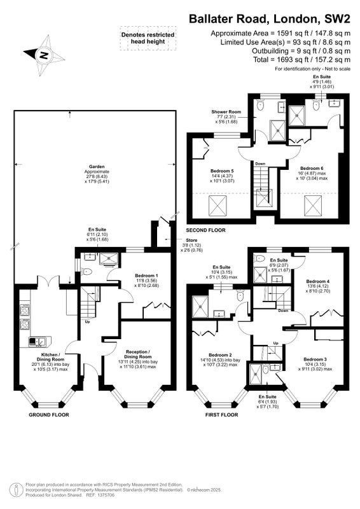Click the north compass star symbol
45,55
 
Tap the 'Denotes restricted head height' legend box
148,38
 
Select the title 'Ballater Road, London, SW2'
270,19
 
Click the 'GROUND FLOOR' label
49,415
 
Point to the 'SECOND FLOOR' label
205,230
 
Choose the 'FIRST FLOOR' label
222,415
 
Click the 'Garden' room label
97,167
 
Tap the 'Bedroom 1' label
146,275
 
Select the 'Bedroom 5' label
222,171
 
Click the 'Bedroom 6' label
312,168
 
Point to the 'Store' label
191,241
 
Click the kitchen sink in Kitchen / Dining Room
38,341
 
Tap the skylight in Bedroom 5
218,206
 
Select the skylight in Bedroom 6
312,206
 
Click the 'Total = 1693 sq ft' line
302,59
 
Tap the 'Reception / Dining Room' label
138,354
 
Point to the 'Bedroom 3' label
315,359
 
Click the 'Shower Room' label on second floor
226,112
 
